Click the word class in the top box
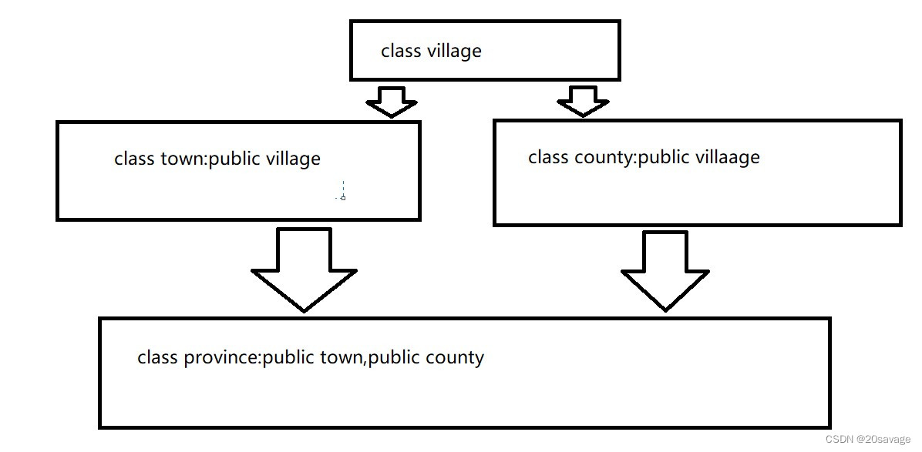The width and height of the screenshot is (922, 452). [x=401, y=52]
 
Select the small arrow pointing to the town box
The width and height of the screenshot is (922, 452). [x=391, y=101]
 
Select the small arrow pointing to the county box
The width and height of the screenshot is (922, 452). [x=583, y=100]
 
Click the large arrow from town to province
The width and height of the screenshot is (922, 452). [x=304, y=270]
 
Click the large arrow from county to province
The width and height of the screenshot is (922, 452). [x=665, y=270]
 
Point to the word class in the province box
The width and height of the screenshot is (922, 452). [x=157, y=357]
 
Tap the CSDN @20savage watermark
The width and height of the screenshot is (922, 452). [x=867, y=439]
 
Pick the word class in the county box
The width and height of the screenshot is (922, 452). [x=548, y=157]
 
